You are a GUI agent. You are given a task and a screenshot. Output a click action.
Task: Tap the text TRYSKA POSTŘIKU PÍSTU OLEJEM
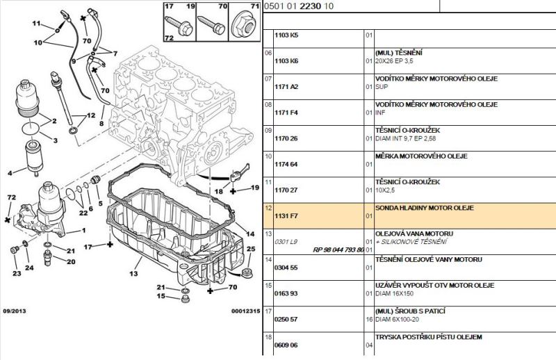click(427, 336)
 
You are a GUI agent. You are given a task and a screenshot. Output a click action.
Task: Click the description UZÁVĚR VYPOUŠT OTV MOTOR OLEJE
click(434, 285)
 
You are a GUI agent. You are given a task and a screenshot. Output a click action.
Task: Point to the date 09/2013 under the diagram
click(15, 311)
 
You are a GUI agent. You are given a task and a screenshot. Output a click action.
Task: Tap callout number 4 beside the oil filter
click(10, 173)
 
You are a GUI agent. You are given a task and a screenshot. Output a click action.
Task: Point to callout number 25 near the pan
click(251, 248)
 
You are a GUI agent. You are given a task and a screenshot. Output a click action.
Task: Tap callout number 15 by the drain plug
click(161, 297)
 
